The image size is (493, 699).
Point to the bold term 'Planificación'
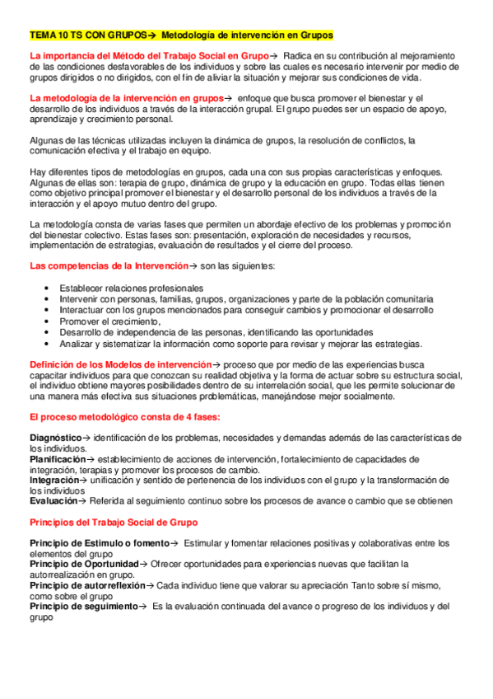58,458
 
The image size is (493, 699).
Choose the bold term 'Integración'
54,479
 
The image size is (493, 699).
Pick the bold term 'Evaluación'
53,500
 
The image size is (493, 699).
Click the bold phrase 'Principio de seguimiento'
83,606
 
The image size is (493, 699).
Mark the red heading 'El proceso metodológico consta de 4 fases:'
124,416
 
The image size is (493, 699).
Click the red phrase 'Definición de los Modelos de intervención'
120,364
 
